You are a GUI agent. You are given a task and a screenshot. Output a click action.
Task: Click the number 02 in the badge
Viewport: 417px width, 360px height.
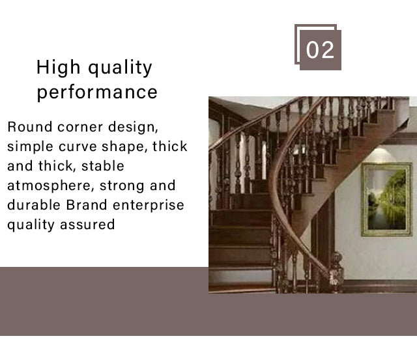click(x=320, y=49)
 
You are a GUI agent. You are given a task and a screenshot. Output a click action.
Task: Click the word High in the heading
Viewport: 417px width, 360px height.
click(x=58, y=67)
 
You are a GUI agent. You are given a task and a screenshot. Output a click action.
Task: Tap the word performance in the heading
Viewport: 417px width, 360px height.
click(x=97, y=92)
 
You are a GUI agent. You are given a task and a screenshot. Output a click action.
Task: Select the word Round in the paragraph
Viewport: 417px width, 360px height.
click(x=29, y=127)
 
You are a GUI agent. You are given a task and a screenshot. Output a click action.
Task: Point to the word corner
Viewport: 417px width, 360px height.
click(x=79, y=127)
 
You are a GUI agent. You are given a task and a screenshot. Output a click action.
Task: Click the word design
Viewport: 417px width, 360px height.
click(x=133, y=127)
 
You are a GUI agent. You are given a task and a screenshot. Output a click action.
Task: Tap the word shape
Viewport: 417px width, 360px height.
click(x=124, y=146)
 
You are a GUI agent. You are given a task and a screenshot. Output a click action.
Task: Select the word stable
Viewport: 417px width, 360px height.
click(x=103, y=166)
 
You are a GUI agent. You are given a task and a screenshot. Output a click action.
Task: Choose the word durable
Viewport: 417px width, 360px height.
click(x=34, y=205)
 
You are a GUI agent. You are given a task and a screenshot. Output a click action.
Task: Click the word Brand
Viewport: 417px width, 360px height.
click(x=87, y=205)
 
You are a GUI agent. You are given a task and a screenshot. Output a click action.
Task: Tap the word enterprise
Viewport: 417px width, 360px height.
click(x=149, y=205)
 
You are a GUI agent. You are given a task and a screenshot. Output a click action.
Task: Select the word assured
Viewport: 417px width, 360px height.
click(x=87, y=225)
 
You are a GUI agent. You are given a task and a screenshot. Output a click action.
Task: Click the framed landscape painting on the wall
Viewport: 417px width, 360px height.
click(x=386, y=199)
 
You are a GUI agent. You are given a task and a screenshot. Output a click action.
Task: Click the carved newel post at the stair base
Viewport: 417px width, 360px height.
click(x=336, y=272)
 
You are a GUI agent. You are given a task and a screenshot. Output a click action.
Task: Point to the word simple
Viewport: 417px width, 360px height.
click(x=30, y=146)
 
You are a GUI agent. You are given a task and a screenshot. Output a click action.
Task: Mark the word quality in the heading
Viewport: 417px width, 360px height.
click(x=120, y=68)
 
